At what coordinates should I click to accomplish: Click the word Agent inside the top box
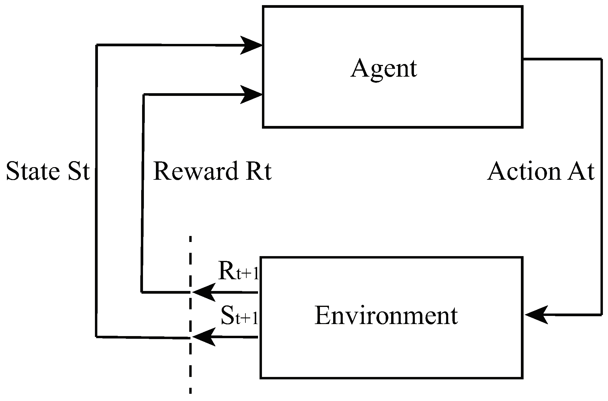tap(384, 69)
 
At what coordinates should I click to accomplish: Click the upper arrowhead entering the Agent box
tap(252, 45)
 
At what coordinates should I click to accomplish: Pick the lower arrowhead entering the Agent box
tap(252, 95)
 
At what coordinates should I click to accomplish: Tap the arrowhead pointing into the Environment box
tap(536, 315)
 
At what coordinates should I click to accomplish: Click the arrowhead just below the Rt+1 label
tap(204, 292)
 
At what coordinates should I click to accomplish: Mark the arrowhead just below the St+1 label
tap(204, 337)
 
